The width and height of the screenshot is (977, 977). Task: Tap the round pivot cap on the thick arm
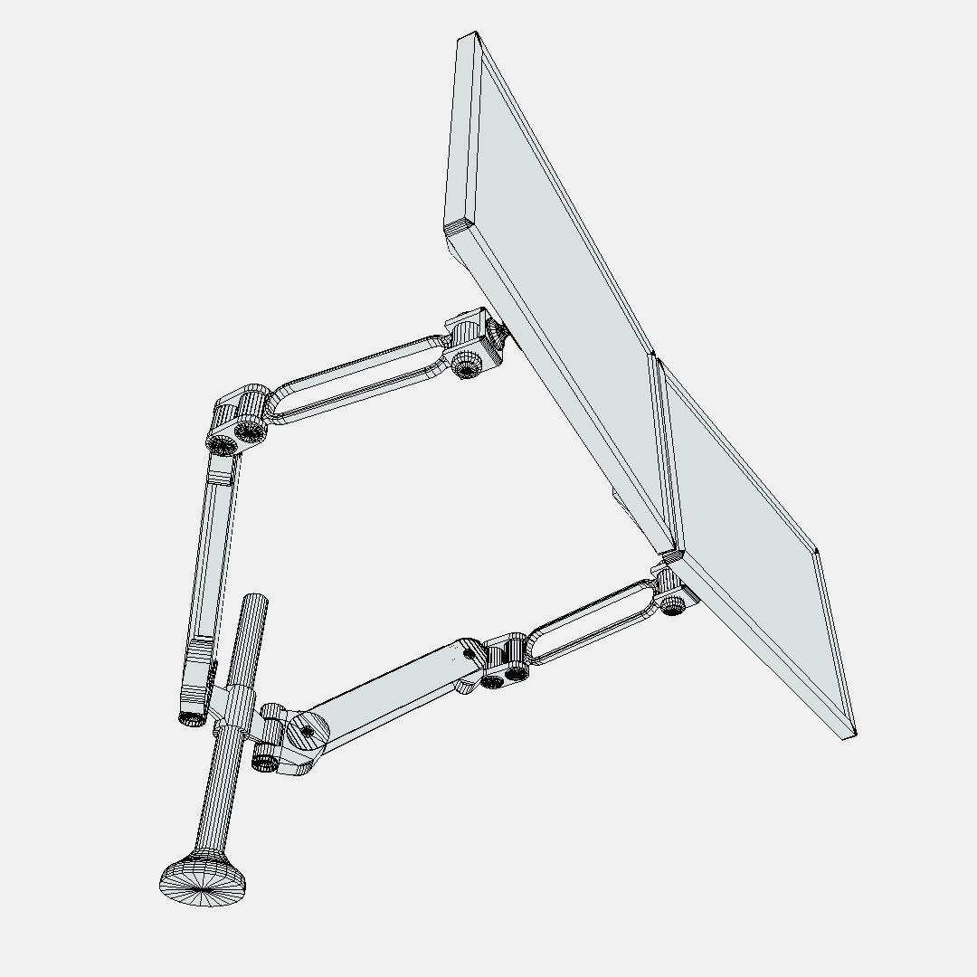(x=306, y=731)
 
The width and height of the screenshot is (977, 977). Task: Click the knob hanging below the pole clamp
(x=264, y=759)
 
